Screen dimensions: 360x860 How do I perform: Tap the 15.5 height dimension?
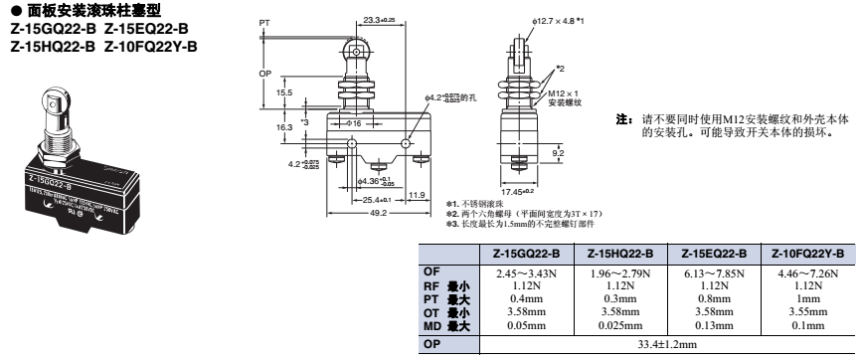[285, 92]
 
